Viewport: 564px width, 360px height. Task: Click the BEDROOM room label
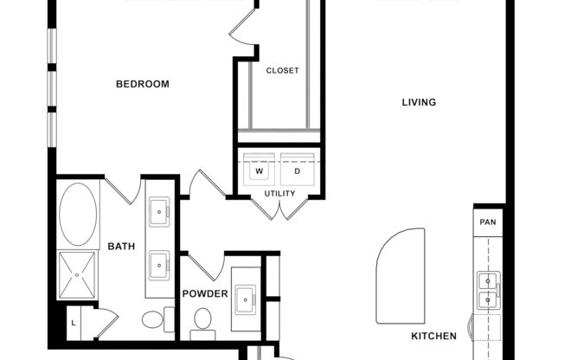point(142,84)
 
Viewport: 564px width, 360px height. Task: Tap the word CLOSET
point(282,71)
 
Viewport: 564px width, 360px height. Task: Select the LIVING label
point(419,103)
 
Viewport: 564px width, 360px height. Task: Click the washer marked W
point(259,171)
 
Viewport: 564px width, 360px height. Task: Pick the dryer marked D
point(297,171)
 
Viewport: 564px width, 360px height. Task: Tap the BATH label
point(121,247)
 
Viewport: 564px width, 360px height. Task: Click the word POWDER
point(205,293)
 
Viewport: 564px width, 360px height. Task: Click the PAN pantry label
point(488,222)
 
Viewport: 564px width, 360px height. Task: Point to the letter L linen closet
point(74,323)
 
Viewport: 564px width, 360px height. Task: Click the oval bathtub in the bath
point(79,213)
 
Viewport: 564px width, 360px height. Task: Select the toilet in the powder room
point(203,320)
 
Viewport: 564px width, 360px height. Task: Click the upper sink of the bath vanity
point(159,209)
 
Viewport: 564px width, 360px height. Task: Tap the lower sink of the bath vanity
point(159,263)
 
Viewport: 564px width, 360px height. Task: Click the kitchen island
point(400,274)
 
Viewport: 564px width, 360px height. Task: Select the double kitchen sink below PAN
point(489,289)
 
